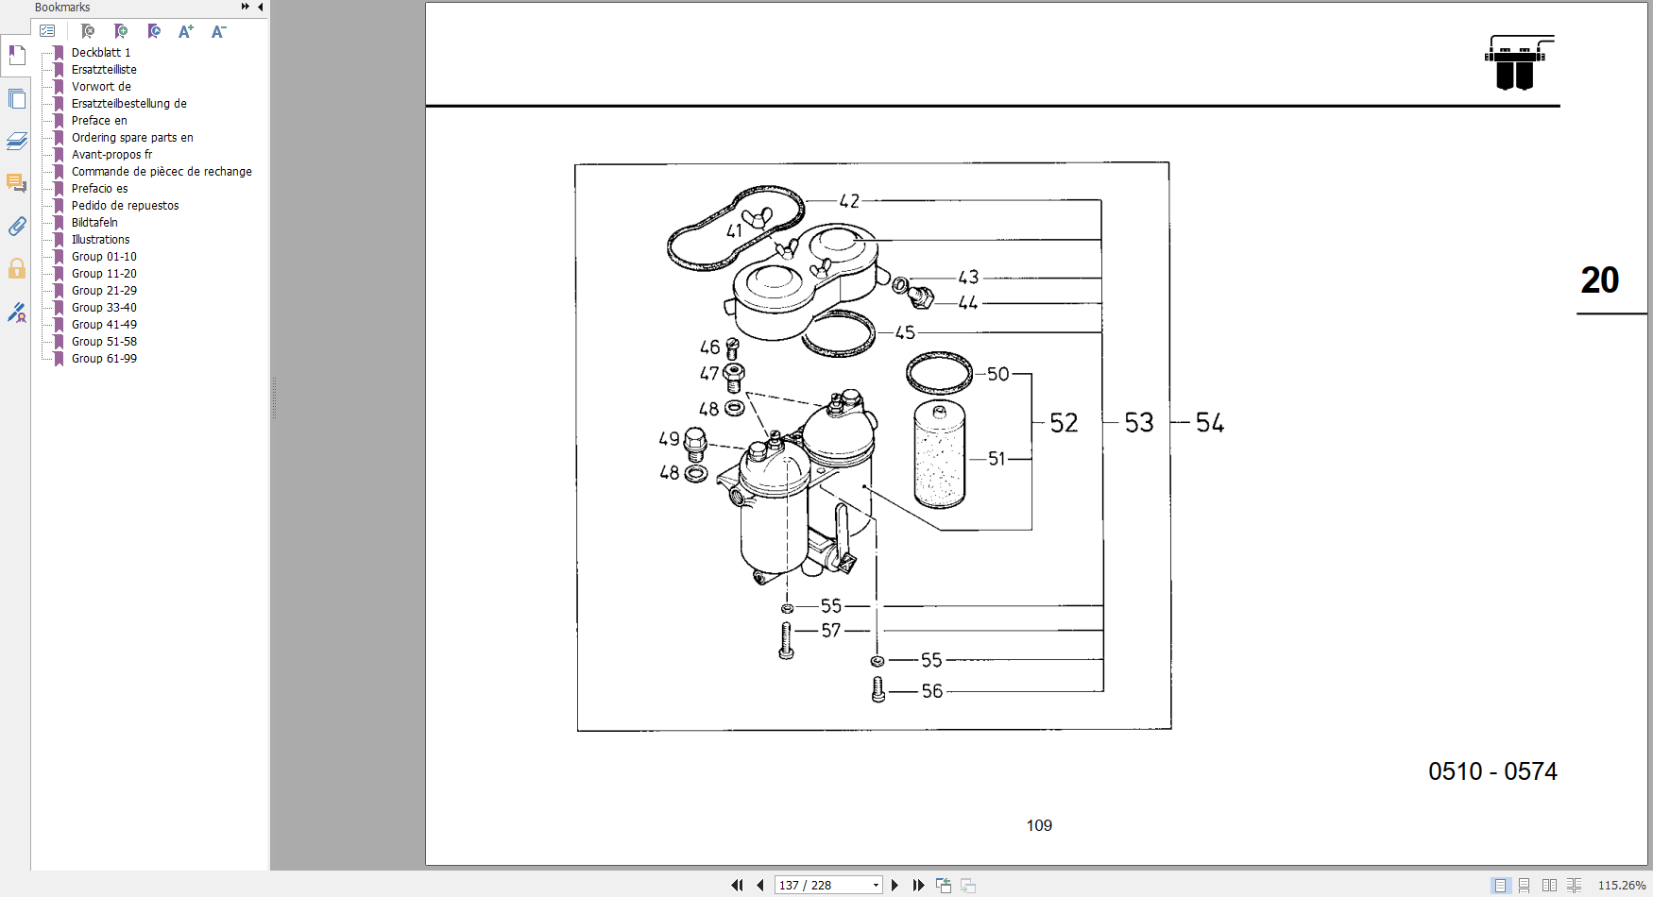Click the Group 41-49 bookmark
[104, 325]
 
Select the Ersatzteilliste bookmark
[104, 70]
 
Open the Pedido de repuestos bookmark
[125, 206]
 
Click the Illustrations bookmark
[100, 240]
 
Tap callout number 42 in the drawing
[849, 201]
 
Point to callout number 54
[1210, 423]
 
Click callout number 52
[1064, 423]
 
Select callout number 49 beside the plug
[669, 439]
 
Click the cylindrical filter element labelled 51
[939, 455]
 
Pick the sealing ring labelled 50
[939, 373]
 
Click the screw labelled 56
[878, 690]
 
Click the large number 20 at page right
[1600, 280]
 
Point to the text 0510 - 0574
[1492, 771]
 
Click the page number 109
[1039, 826]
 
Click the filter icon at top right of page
[1518, 63]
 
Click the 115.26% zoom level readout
[1621, 885]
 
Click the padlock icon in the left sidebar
[17, 269]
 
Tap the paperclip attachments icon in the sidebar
[17, 227]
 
